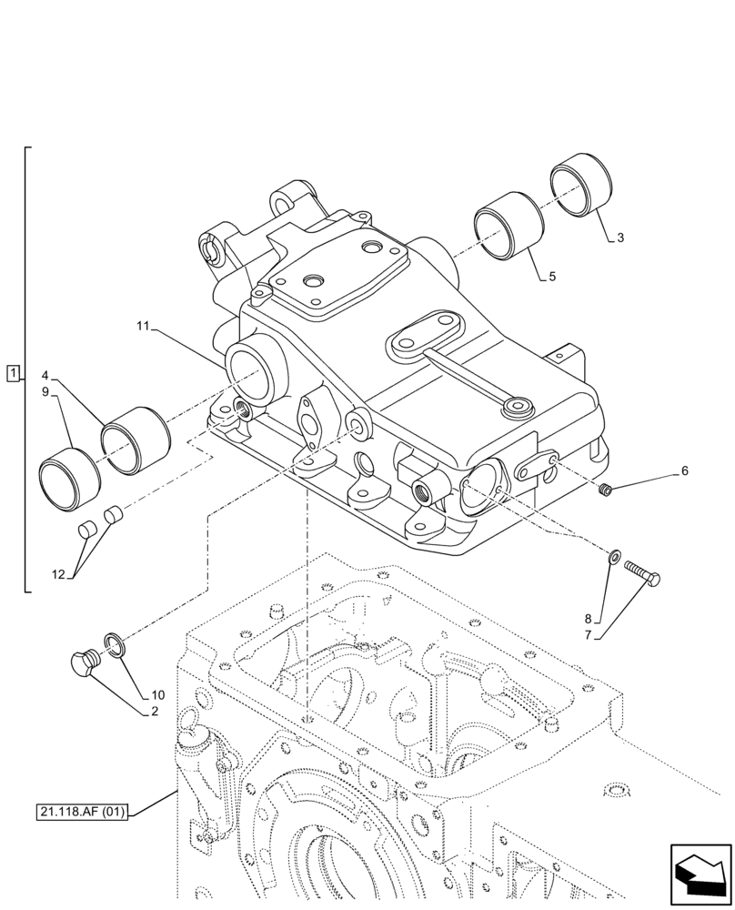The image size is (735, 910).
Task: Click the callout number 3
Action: tap(619, 238)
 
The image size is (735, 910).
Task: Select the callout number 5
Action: tap(552, 277)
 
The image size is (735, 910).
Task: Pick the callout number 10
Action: tap(159, 695)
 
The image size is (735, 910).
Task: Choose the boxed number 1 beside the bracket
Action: tap(12, 373)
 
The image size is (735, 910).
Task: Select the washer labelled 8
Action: tap(615, 555)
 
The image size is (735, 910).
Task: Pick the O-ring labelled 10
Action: tap(115, 643)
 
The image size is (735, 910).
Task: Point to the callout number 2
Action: tap(155, 712)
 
